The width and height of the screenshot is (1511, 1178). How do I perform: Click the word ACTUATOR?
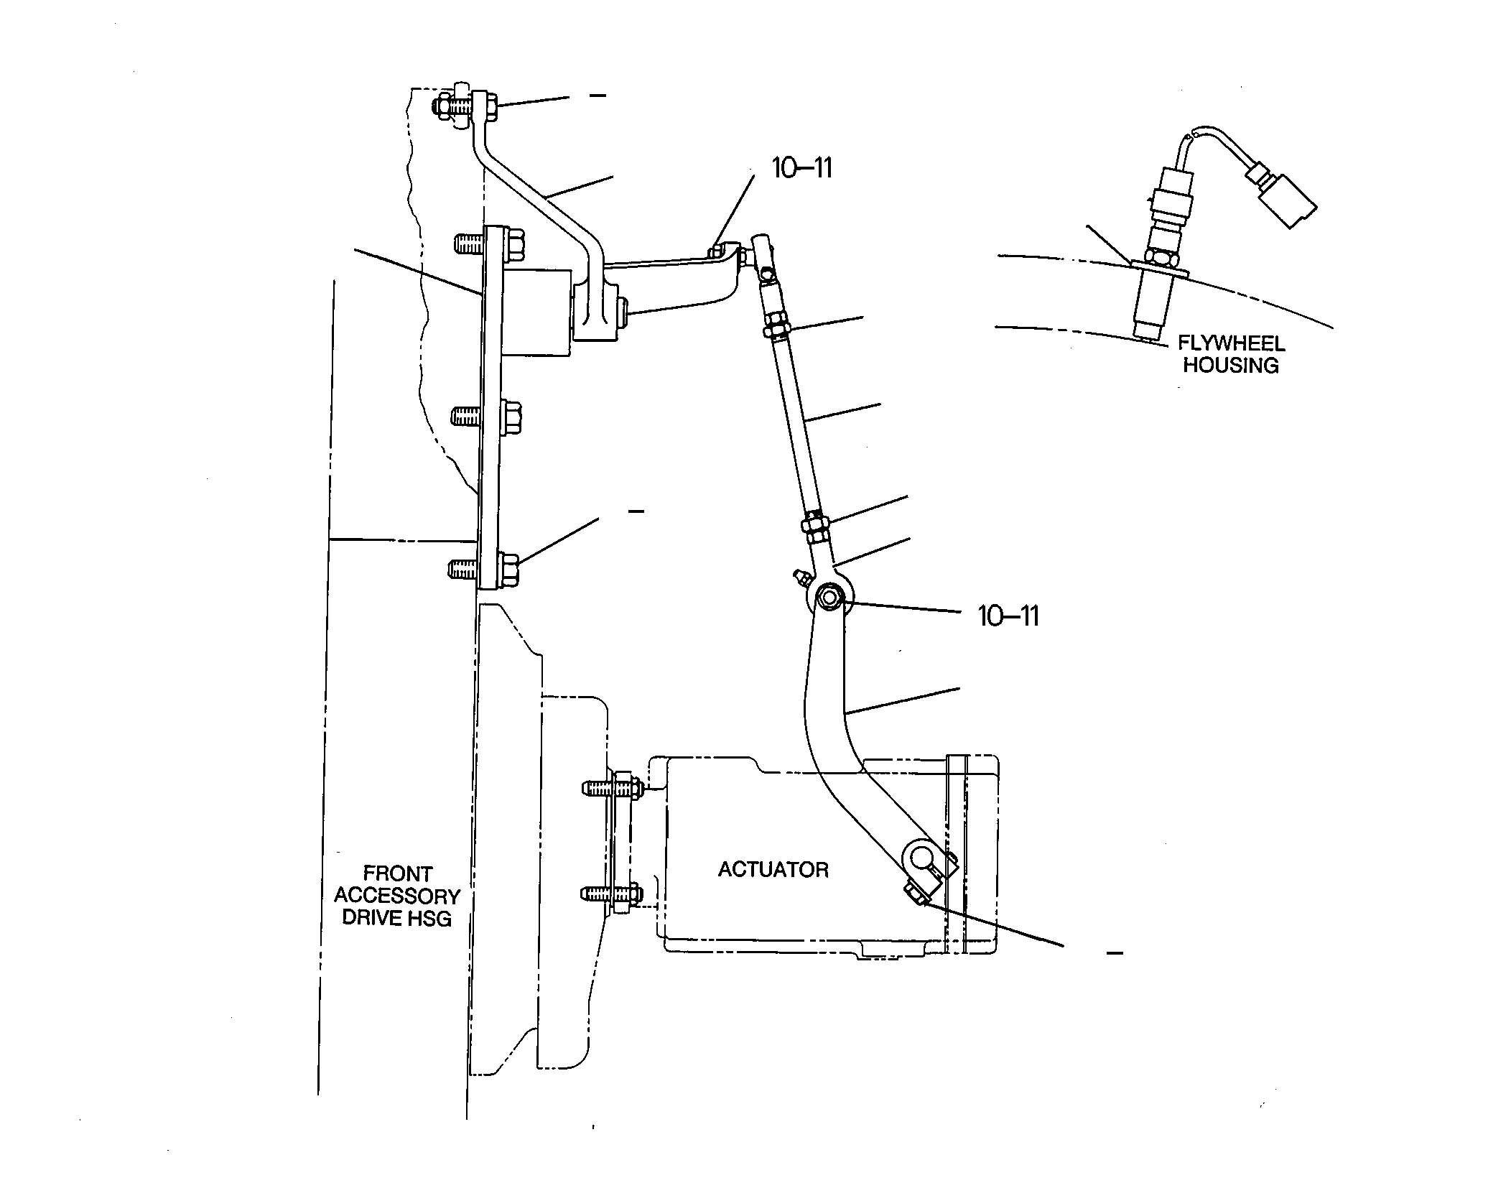click(x=773, y=870)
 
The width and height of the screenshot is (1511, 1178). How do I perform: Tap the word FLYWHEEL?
click(x=1231, y=343)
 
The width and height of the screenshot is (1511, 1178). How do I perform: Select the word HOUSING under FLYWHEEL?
click(x=1231, y=365)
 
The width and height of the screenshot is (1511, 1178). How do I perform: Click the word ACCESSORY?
click(x=397, y=896)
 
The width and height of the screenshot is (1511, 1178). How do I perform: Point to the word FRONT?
click(x=397, y=874)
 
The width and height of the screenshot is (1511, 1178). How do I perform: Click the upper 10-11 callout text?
click(x=801, y=168)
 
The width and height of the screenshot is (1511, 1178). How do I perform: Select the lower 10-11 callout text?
click(x=1008, y=616)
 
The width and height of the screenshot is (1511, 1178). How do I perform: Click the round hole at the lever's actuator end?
click(x=920, y=857)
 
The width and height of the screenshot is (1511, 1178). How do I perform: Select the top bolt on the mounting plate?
click(x=490, y=243)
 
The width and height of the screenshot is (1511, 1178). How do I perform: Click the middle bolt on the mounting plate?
click(x=487, y=414)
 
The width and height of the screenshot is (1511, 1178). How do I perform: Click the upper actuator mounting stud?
click(x=613, y=787)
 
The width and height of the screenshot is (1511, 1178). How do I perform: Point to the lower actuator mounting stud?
click(x=612, y=894)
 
